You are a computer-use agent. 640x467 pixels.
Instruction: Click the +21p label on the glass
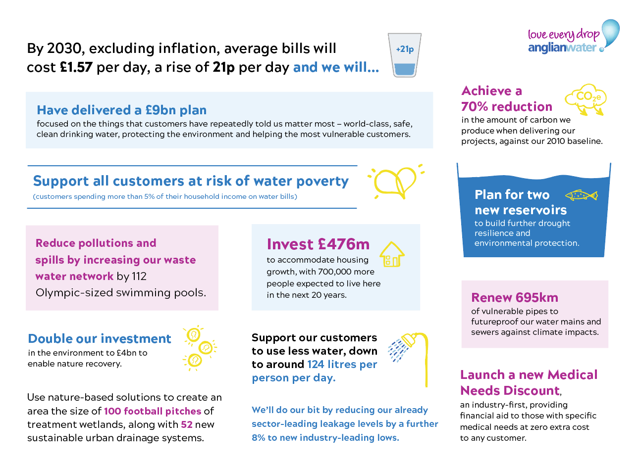(405, 49)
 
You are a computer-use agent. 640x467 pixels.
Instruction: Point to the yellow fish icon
(581, 195)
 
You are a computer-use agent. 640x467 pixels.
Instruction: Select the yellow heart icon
(395, 182)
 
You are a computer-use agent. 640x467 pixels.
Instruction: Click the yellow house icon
(392, 254)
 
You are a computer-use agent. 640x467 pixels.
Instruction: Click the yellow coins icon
(199, 348)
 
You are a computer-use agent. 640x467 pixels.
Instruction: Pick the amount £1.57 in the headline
(76, 67)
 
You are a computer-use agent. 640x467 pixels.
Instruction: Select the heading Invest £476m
(318, 244)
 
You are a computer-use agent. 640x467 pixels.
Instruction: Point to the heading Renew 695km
(515, 297)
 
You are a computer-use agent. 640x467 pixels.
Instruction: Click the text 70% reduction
(507, 107)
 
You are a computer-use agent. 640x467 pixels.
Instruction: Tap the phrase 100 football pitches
(153, 411)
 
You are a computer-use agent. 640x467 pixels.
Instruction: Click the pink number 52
(187, 424)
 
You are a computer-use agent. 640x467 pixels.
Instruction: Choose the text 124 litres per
(342, 365)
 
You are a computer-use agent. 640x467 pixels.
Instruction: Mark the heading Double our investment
(100, 339)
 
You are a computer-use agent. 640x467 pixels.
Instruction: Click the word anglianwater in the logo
(562, 48)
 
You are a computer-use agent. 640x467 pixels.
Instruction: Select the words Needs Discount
(510, 391)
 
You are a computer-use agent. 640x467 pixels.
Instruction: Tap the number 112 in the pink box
(139, 277)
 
